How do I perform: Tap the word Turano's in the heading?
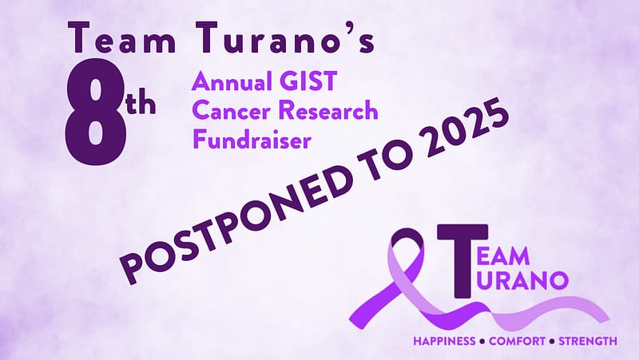point(285,38)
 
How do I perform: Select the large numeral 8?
point(95,112)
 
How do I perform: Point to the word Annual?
point(232,81)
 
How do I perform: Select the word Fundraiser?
point(252,140)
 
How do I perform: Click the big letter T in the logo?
point(462,261)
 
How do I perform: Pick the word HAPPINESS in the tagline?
point(444,341)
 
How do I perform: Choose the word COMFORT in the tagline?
point(517,341)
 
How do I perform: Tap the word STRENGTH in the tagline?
point(587,341)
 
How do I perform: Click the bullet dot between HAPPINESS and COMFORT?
point(482,342)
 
